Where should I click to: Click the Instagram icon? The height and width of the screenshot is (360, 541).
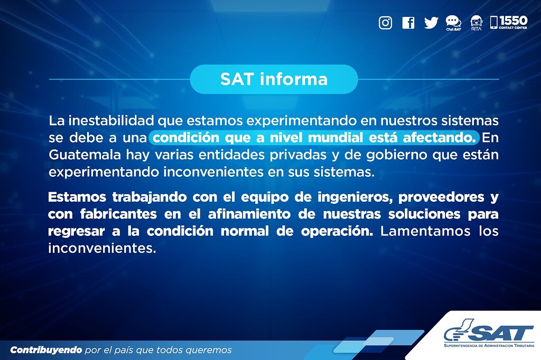tap(386, 23)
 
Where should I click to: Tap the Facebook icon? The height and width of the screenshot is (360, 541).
tap(408, 23)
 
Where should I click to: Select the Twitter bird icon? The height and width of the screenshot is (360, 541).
tap(431, 23)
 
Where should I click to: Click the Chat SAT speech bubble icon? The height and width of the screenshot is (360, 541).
tap(453, 22)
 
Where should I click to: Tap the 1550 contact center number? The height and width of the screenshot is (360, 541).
tap(513, 21)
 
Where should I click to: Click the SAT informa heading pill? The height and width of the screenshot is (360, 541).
tap(274, 79)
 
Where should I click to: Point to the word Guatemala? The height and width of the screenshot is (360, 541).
tap(78, 156)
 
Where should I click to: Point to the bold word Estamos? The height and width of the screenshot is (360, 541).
tap(77, 197)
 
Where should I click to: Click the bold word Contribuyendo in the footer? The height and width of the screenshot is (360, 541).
tap(46, 350)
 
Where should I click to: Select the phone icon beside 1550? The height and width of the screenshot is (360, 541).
tap(493, 22)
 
